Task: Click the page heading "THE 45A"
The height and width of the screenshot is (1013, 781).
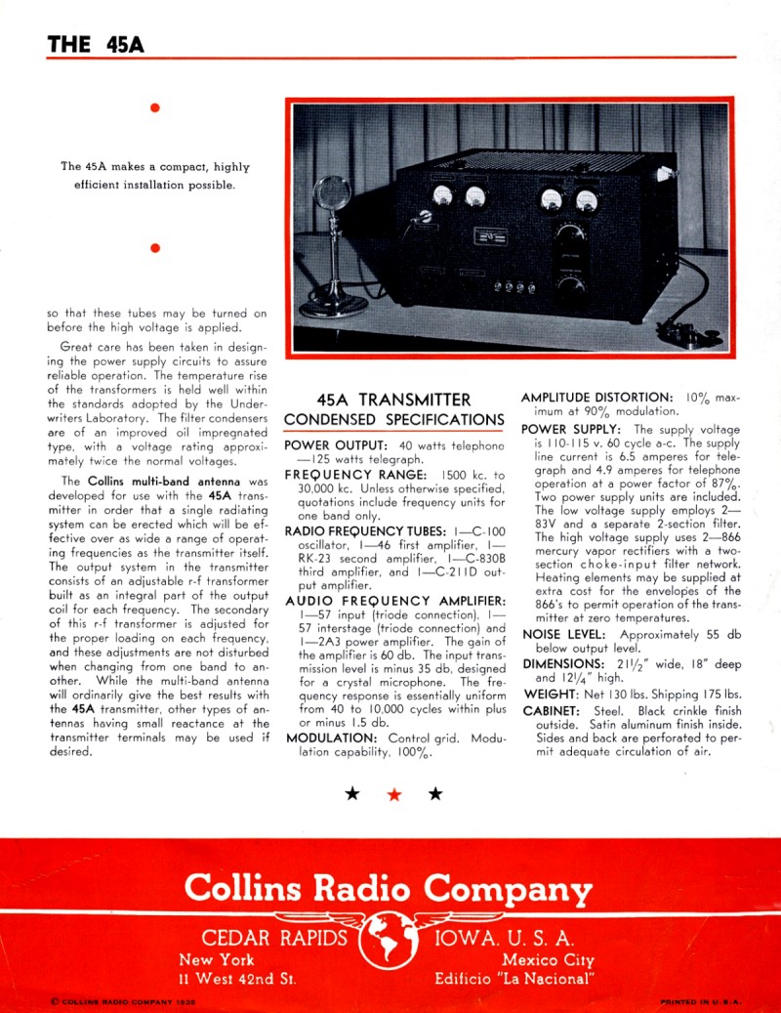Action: click(x=96, y=44)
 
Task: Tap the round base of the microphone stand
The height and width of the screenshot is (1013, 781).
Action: click(x=333, y=307)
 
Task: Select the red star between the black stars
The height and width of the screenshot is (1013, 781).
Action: click(x=394, y=794)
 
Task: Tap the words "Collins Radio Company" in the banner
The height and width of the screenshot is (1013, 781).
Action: click(x=389, y=888)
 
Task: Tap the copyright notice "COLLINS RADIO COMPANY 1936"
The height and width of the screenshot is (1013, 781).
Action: click(x=122, y=1001)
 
